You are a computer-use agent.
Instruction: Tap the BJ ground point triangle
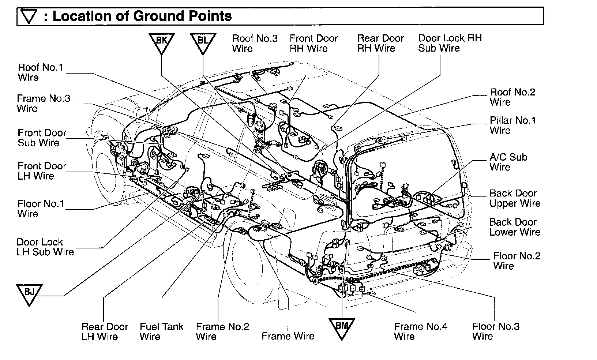point(30,293)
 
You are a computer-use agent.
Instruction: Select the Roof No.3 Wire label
point(255,43)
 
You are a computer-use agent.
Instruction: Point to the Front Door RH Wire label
point(313,43)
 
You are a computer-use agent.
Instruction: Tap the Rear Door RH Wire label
point(380,43)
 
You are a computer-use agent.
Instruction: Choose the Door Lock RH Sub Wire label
point(450,43)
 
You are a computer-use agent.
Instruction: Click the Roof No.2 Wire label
point(512,97)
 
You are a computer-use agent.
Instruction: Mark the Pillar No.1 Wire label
point(512,125)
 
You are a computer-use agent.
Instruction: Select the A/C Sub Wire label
point(508,162)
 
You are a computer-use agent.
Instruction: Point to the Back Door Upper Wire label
point(515,198)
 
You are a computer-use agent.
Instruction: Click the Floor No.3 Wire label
point(496,331)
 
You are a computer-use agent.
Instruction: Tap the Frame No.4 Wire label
point(421,331)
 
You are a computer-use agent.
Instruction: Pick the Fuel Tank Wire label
point(161,331)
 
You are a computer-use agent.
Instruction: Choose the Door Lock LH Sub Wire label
point(45,247)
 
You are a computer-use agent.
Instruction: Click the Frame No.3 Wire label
point(43,103)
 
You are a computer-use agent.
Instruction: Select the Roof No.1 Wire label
point(40,72)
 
